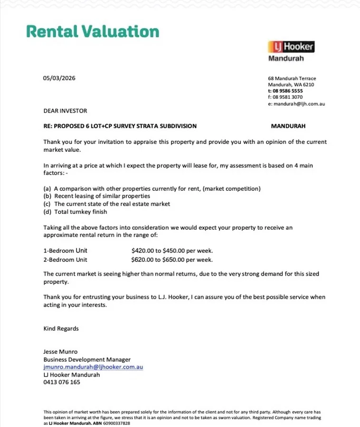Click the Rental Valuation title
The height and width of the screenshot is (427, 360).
coord(93,31)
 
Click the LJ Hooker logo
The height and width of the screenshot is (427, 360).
coord(291,47)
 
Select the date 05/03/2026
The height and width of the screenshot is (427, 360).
coord(59,78)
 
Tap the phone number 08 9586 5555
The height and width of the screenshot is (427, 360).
coord(287,91)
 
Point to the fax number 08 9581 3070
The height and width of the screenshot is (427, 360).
coord(287,97)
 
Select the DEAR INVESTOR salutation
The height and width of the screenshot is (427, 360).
coord(66,111)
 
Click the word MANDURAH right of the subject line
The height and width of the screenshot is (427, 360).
coord(288,126)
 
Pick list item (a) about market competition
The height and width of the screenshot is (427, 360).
coord(152,189)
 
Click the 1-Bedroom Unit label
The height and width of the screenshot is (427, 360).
coord(66,251)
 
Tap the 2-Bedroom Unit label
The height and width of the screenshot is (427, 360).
coord(66,260)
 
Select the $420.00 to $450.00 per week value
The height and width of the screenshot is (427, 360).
coord(172,251)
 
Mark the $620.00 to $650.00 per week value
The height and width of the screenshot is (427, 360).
coord(172,260)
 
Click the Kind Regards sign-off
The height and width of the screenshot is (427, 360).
coord(61,329)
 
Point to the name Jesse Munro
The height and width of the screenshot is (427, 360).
coord(60,352)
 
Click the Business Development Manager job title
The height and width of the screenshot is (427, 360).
coord(87,360)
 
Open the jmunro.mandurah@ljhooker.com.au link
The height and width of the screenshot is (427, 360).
coord(93,367)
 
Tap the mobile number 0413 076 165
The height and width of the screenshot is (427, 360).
coord(62,382)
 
